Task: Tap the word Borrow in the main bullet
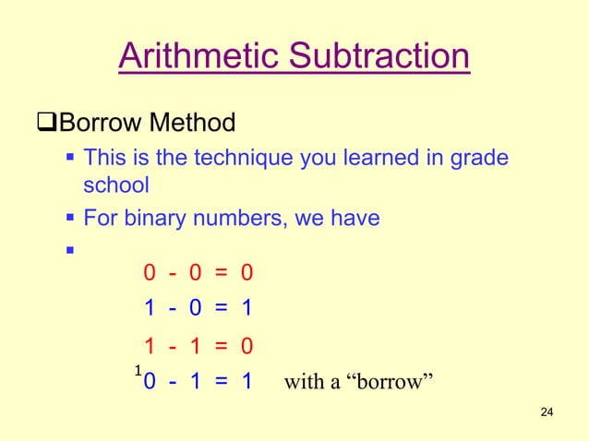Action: (99, 122)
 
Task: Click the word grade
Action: (480, 158)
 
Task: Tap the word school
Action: (115, 185)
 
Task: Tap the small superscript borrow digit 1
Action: (137, 370)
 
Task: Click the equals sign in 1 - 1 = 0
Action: (221, 346)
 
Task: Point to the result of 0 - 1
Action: (246, 381)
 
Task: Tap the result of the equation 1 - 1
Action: (246, 346)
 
